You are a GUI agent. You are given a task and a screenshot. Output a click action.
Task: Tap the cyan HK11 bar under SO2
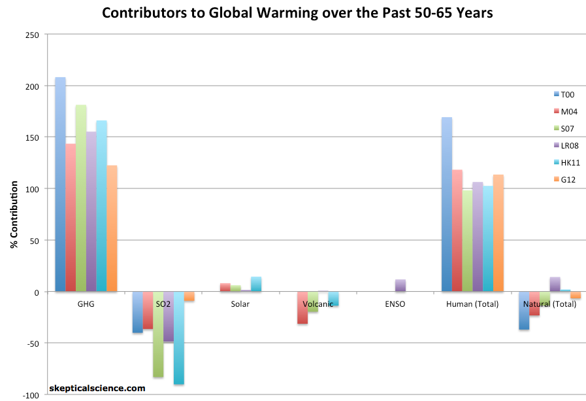[x=178, y=338]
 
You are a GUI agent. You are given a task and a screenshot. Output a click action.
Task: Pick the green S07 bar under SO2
[x=158, y=334]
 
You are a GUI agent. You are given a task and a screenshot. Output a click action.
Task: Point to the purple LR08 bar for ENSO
[x=400, y=286]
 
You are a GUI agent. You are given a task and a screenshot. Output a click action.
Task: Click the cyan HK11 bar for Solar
[x=255, y=285]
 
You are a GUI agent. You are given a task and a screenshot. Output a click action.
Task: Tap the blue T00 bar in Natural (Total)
[x=524, y=310]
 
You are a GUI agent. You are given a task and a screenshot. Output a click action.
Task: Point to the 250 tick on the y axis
[x=31, y=35]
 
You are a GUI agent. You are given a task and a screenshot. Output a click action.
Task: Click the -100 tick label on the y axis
[x=29, y=394]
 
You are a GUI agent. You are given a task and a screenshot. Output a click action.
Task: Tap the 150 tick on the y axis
[x=31, y=137]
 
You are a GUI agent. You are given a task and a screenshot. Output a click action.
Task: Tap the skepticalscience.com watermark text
[x=97, y=388]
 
